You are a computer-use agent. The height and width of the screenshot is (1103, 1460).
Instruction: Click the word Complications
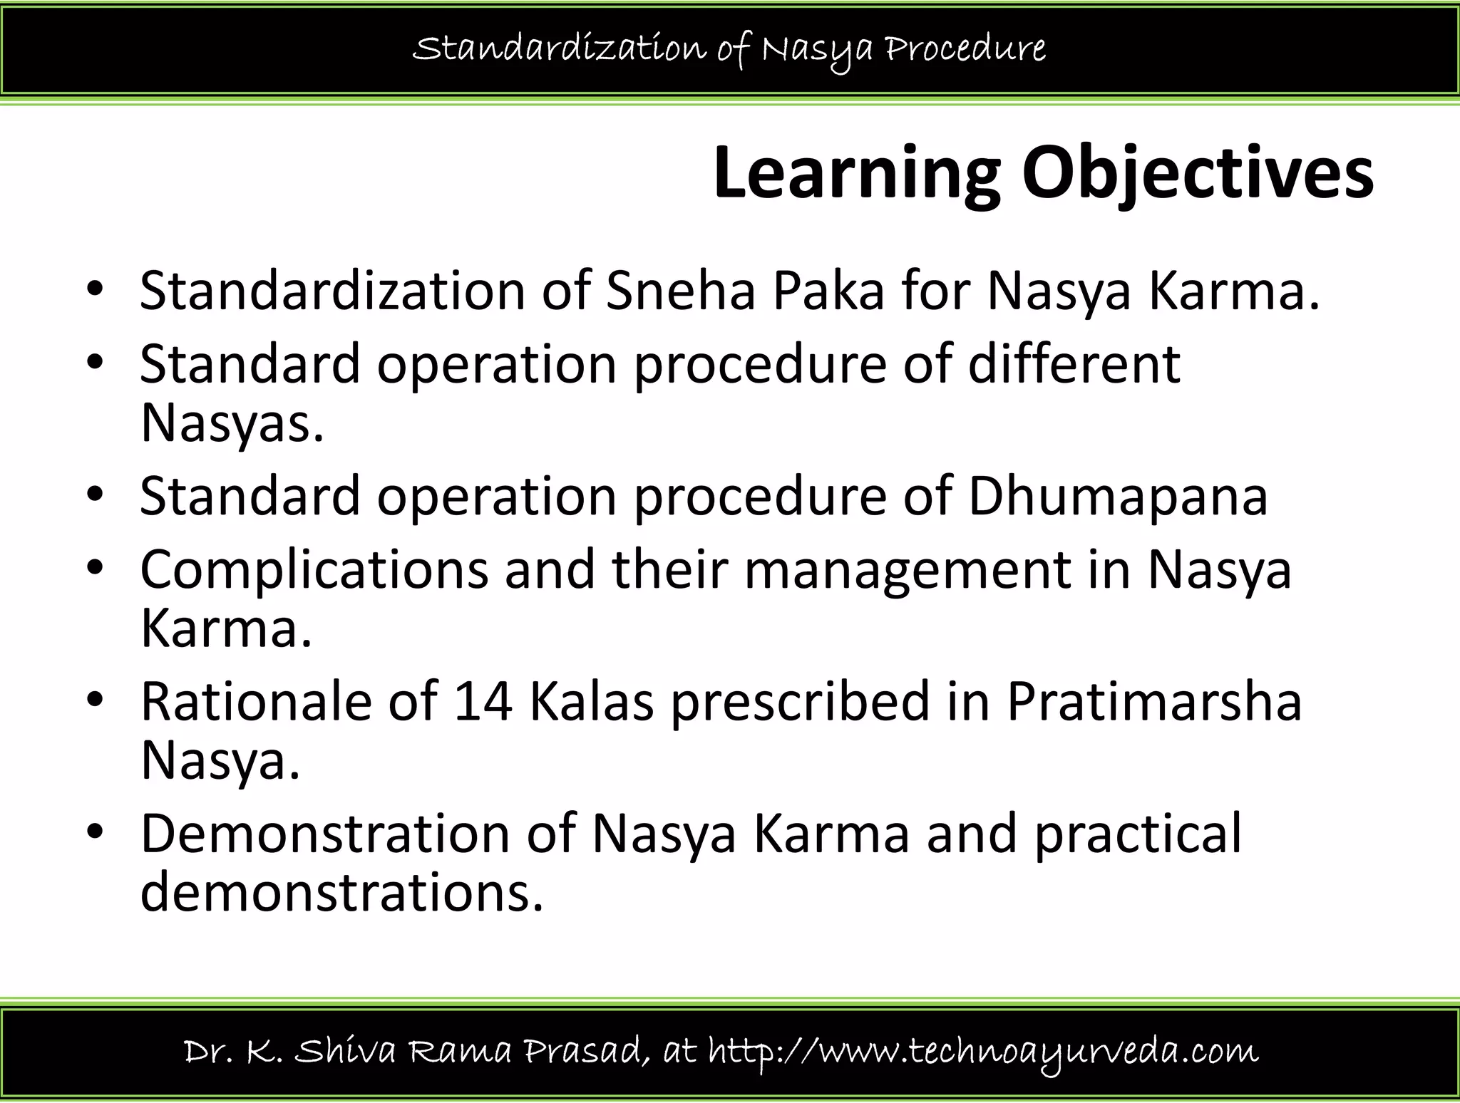tap(314, 570)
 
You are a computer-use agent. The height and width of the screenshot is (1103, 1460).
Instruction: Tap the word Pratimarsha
tap(1153, 701)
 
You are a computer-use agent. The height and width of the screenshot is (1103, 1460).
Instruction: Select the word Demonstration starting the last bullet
tap(325, 833)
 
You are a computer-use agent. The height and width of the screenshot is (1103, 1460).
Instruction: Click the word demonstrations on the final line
tap(341, 892)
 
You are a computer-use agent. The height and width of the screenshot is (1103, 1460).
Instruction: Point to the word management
tap(908, 570)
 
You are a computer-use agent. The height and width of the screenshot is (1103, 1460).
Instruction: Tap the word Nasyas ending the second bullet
tap(232, 423)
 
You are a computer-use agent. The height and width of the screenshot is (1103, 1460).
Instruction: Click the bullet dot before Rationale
tap(95, 701)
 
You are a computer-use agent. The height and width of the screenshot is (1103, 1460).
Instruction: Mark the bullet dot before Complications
tap(95, 570)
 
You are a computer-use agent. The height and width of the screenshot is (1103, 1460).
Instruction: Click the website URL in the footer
tap(984, 1052)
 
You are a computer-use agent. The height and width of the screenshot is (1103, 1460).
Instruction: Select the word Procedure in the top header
tap(965, 48)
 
